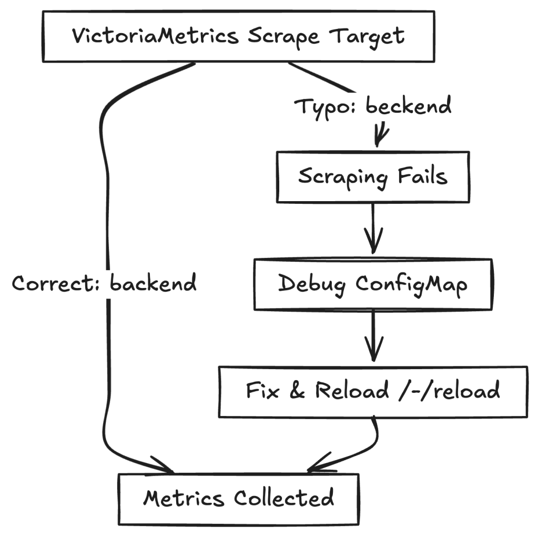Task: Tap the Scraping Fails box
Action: [x=372, y=176]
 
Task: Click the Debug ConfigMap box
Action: [x=372, y=284]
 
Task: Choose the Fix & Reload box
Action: [x=372, y=392]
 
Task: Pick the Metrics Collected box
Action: [x=238, y=498]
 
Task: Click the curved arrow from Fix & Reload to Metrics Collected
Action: [x=363, y=448]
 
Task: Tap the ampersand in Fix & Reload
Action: [x=296, y=392]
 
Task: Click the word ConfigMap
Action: [x=411, y=284]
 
